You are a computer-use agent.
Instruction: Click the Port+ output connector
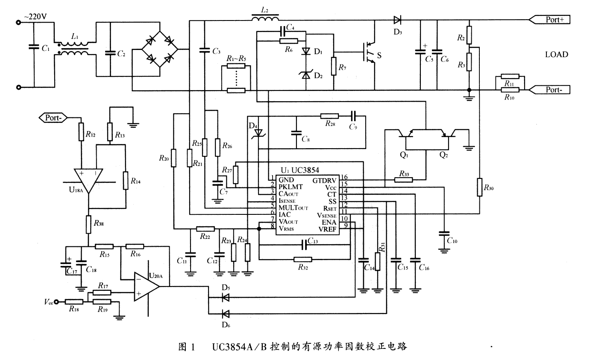coord(551,19)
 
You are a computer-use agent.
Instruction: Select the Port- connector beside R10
coord(551,90)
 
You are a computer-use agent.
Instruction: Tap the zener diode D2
coord(306,76)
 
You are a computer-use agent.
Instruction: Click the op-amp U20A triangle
coord(146,287)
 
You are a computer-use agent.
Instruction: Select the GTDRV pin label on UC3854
coord(324,180)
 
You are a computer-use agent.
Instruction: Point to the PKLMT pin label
coord(290,187)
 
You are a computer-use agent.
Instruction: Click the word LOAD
coord(556,55)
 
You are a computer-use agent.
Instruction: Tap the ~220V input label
coord(36,17)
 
